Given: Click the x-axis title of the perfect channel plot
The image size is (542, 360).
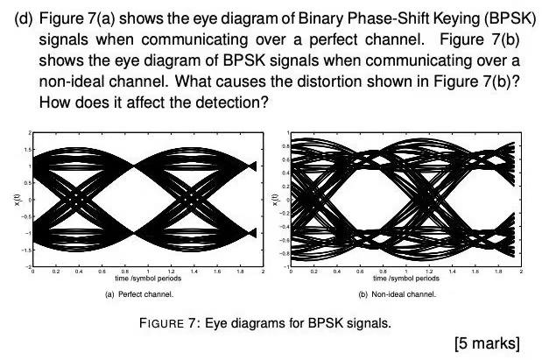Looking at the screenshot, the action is click(145, 279).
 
